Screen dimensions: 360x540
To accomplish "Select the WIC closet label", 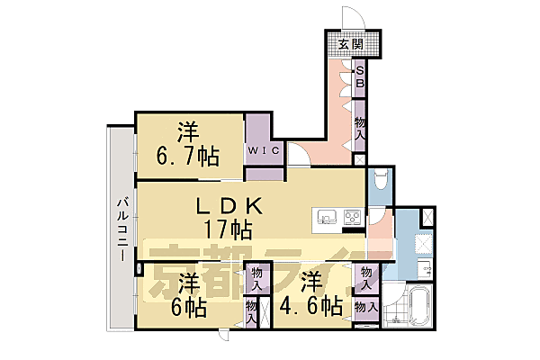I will point(265,150).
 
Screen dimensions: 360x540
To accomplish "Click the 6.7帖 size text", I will point(188,157).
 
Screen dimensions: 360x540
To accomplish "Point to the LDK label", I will point(230,206).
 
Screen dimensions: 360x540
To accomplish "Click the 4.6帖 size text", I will point(311,306).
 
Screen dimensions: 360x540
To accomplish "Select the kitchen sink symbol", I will point(326,217).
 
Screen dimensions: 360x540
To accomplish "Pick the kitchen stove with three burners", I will point(350,217).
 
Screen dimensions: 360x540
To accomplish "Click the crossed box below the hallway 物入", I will point(360,160).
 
